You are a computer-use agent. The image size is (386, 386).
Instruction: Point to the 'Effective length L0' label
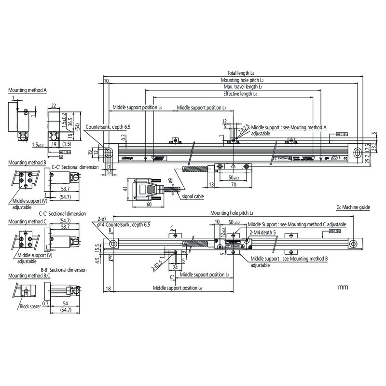(240, 94)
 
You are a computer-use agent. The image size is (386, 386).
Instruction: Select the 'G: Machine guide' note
(352, 206)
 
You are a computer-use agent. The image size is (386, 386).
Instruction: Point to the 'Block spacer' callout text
(30, 306)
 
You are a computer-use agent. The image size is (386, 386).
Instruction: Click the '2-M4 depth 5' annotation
(263, 232)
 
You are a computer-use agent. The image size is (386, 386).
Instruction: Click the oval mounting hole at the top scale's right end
(357, 152)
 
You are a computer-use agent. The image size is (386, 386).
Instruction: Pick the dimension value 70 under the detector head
(233, 185)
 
